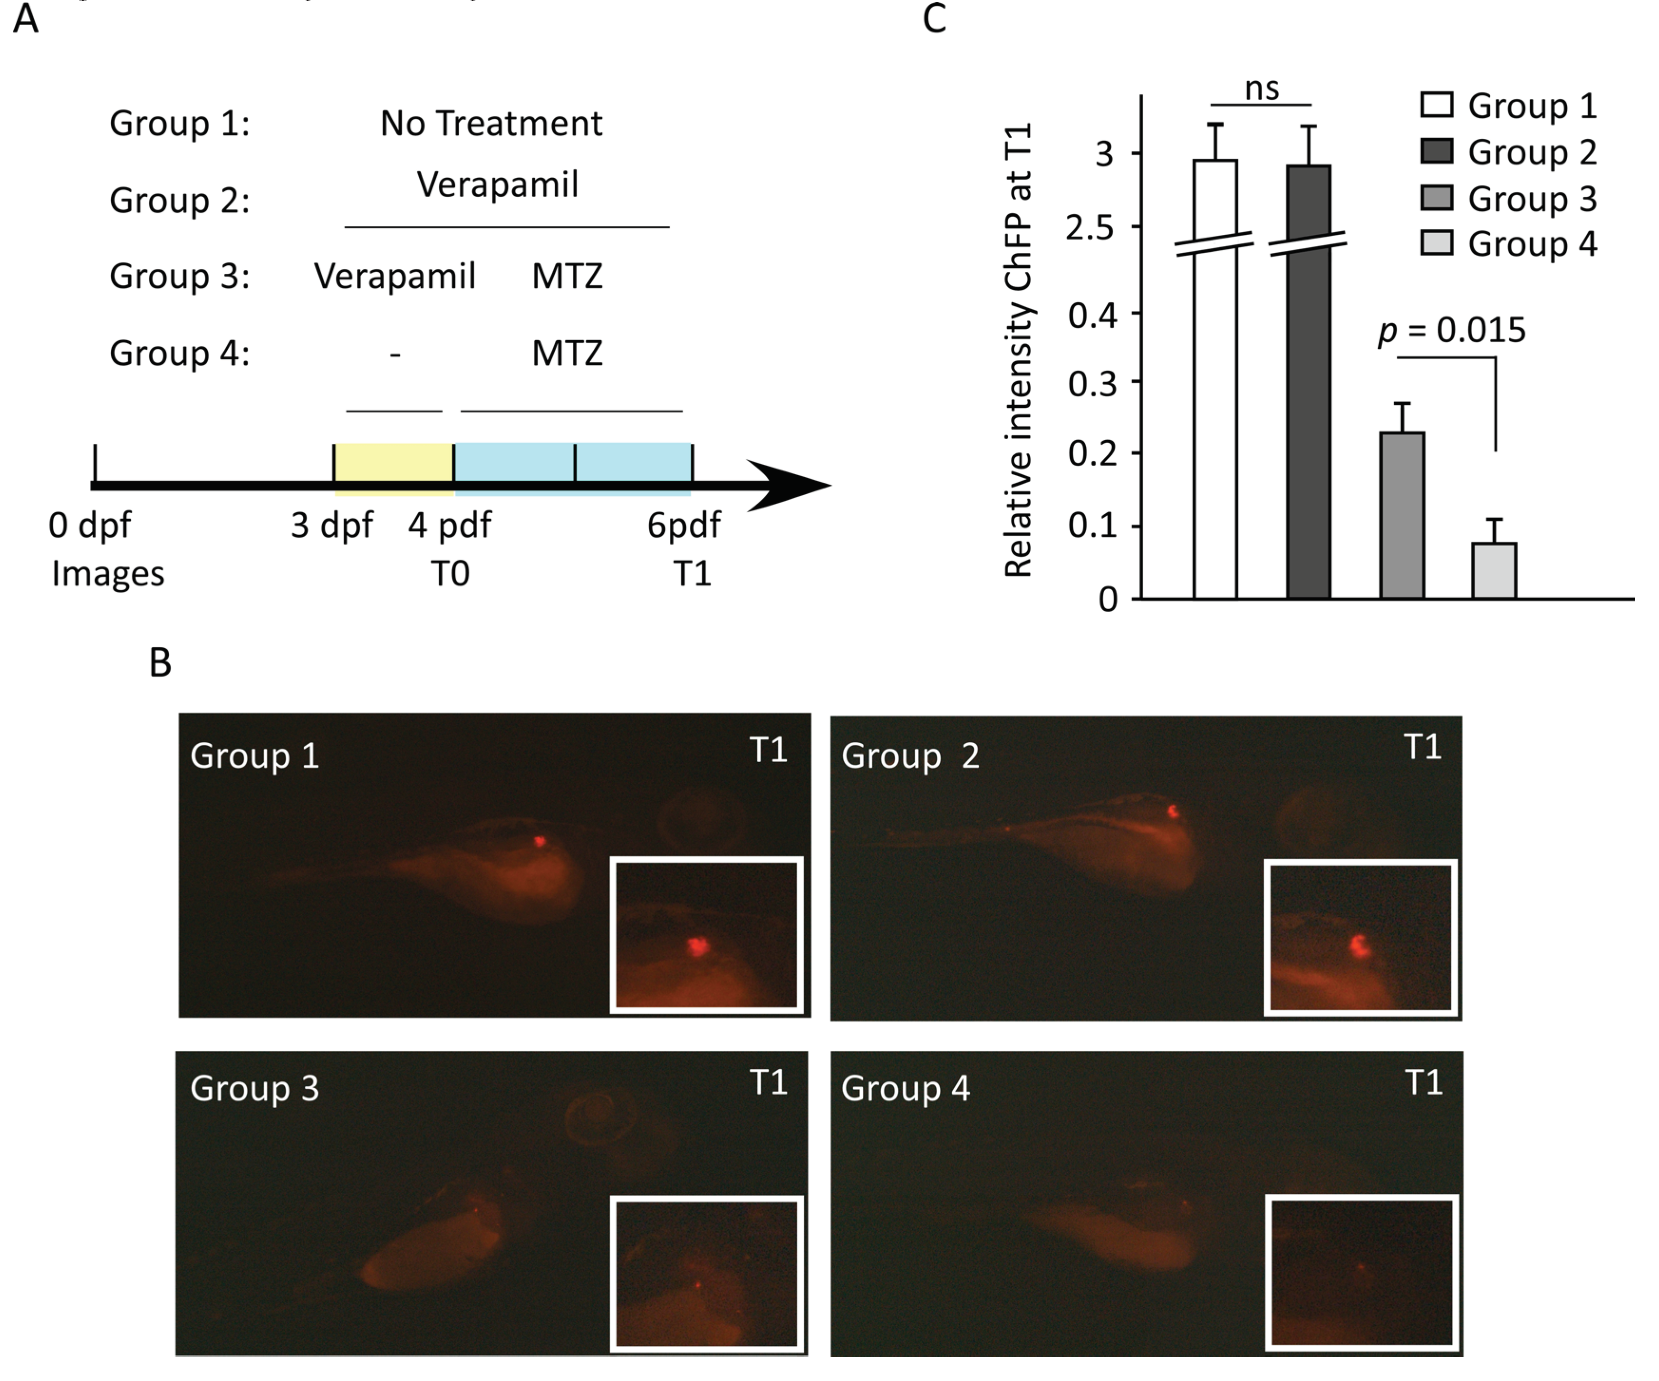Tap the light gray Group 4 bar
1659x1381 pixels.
click(1494, 570)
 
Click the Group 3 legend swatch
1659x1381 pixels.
click(1436, 197)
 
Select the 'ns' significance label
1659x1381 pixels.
click(1262, 88)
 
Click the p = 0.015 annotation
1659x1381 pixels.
click(1452, 330)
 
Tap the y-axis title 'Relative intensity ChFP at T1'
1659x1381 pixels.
click(1018, 351)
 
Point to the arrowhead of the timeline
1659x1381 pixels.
click(790, 485)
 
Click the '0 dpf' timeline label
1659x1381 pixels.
click(89, 525)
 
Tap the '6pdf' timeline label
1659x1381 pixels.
click(684, 525)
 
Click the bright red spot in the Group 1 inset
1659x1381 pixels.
click(697, 946)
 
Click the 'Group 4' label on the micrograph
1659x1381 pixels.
click(906, 1088)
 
